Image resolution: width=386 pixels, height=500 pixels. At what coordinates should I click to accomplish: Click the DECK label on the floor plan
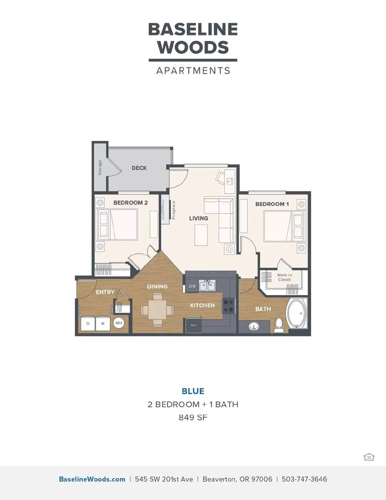(x=139, y=168)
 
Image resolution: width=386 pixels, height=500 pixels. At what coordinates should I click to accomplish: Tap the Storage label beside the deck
(x=100, y=168)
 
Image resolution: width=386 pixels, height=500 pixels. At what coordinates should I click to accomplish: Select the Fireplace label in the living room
(x=174, y=210)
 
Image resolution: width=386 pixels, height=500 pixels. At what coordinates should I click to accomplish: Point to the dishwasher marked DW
(x=192, y=286)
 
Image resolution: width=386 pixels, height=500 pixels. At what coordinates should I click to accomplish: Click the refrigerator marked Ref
(x=194, y=325)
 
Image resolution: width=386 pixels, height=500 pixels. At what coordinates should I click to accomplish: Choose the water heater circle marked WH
(x=119, y=323)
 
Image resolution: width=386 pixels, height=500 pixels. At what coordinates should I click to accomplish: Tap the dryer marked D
(x=88, y=324)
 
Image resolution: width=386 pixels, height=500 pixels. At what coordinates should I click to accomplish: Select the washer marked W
(x=103, y=324)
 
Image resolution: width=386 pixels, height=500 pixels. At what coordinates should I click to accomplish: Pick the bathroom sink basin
(x=254, y=327)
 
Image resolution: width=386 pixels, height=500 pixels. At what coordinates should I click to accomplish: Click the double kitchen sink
(x=207, y=286)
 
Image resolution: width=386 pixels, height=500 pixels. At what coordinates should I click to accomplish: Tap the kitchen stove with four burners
(x=229, y=306)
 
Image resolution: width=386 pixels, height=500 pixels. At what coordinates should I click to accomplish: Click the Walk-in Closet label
(x=285, y=277)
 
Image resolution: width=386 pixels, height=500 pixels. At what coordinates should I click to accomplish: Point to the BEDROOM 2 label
(x=130, y=203)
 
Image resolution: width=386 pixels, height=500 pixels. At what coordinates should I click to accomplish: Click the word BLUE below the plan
(x=193, y=391)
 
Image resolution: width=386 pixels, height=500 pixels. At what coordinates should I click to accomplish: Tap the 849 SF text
(x=193, y=417)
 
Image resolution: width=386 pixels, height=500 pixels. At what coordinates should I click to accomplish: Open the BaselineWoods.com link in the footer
(x=92, y=479)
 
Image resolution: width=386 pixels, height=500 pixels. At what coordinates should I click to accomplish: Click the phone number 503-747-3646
(x=304, y=479)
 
